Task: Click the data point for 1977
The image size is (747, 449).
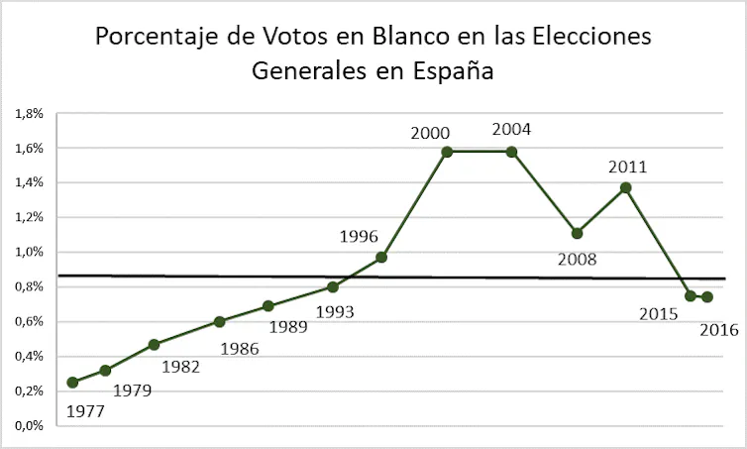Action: coord(72,382)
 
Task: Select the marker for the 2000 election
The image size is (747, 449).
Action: coord(447,152)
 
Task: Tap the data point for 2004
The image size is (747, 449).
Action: coord(511,152)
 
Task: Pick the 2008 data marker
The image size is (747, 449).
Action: coord(577,233)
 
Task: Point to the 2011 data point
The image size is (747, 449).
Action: coord(626,187)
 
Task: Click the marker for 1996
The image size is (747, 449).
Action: coord(381,257)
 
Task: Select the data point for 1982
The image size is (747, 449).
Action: coord(154,344)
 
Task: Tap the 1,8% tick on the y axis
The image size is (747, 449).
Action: coord(29,114)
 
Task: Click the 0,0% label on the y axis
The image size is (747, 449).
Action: coord(29,425)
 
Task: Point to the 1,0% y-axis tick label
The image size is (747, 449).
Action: coord(29,252)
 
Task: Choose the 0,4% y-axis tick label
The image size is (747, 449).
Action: coord(29,356)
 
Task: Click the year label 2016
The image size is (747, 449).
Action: coord(719,330)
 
